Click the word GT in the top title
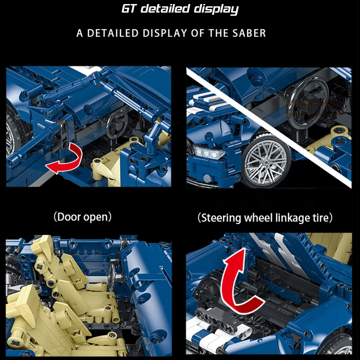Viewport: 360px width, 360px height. [129, 9]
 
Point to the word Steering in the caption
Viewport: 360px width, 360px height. [221, 218]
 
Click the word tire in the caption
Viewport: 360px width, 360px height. [320, 217]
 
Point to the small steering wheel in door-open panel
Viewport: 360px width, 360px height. [117, 123]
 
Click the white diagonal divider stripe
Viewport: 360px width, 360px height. [269, 128]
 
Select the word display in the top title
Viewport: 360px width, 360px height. [216, 9]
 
